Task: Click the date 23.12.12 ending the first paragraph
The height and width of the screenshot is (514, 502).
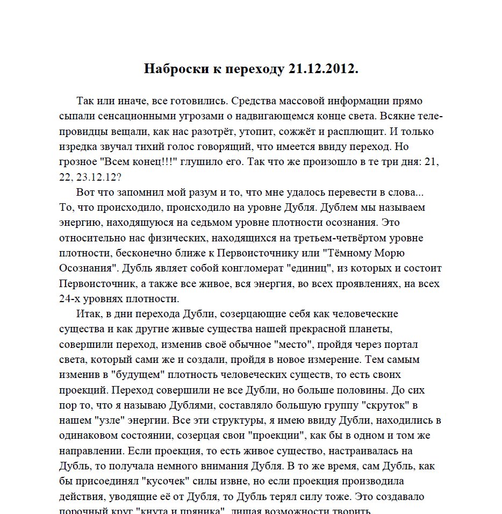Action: click(104, 176)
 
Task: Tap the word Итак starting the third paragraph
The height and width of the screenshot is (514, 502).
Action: click(90, 313)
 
